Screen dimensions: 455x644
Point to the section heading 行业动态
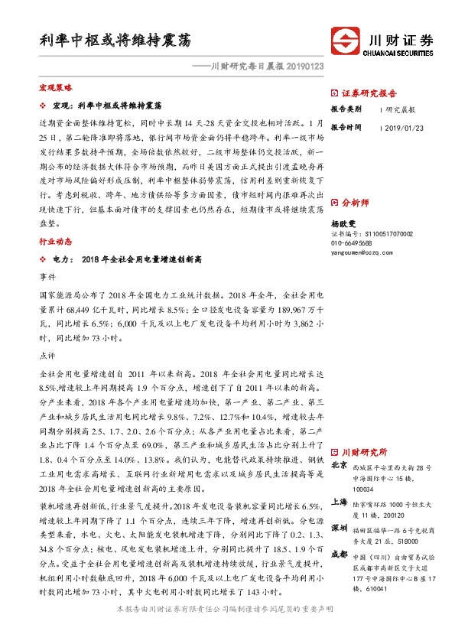[x=56, y=240]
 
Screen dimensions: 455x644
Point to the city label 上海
[x=340, y=503]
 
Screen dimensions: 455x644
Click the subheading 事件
[x=47, y=275]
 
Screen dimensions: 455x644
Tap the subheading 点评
[x=47, y=355]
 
